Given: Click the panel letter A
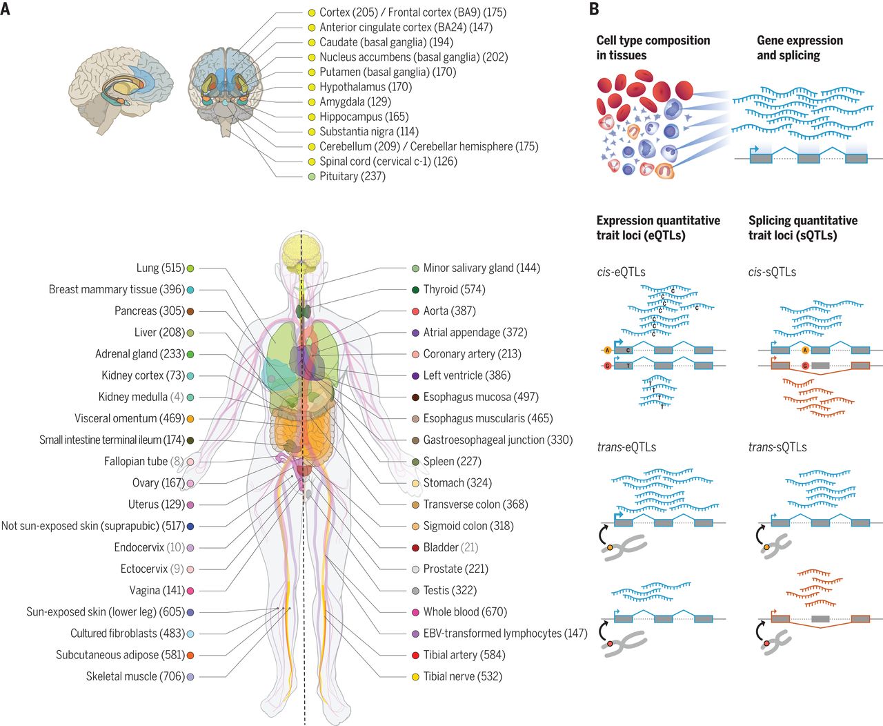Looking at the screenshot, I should click(6, 10).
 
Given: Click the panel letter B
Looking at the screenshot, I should click(594, 10).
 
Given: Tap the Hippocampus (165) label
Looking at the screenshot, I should click(364, 117).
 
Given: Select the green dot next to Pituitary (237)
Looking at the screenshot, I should click(312, 177).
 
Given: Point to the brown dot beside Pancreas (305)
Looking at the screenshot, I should click(190, 311).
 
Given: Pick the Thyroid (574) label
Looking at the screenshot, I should click(454, 289).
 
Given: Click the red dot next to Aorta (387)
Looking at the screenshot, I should click(415, 311).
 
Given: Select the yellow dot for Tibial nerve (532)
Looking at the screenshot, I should click(415, 677).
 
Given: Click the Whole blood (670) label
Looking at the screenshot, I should click(465, 611).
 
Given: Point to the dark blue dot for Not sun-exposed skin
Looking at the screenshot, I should click(190, 526).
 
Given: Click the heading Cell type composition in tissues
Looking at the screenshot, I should click(653, 48).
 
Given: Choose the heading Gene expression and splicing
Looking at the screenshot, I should click(800, 48).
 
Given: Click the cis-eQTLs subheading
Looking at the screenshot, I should click(621, 272).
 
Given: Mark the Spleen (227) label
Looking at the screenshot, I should click(452, 461).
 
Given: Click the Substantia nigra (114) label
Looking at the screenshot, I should click(368, 131).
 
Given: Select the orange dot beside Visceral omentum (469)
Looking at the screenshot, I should click(190, 419).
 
